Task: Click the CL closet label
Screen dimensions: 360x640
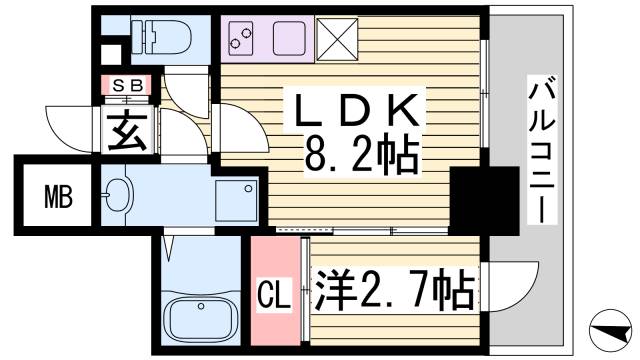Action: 273,296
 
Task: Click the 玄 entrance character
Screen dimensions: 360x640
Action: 129,130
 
